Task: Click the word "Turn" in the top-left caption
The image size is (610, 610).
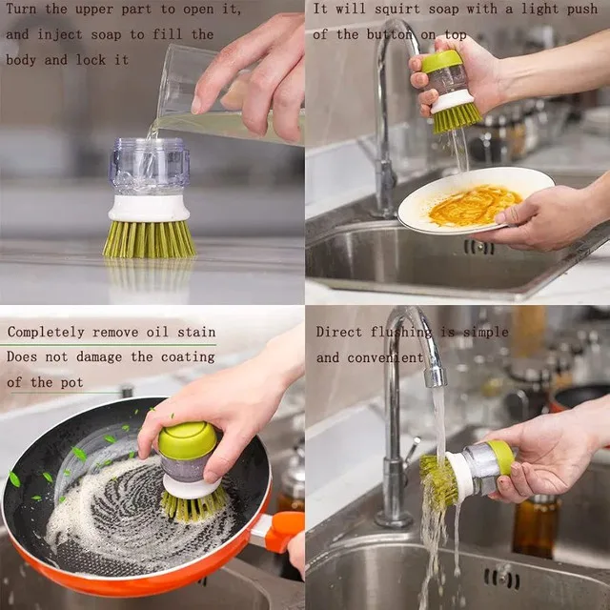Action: coord(23,9)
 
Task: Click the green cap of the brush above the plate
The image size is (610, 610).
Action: coord(440,61)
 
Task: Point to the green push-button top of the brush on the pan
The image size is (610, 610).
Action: coord(187,439)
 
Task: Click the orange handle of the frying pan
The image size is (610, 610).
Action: coord(283,527)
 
